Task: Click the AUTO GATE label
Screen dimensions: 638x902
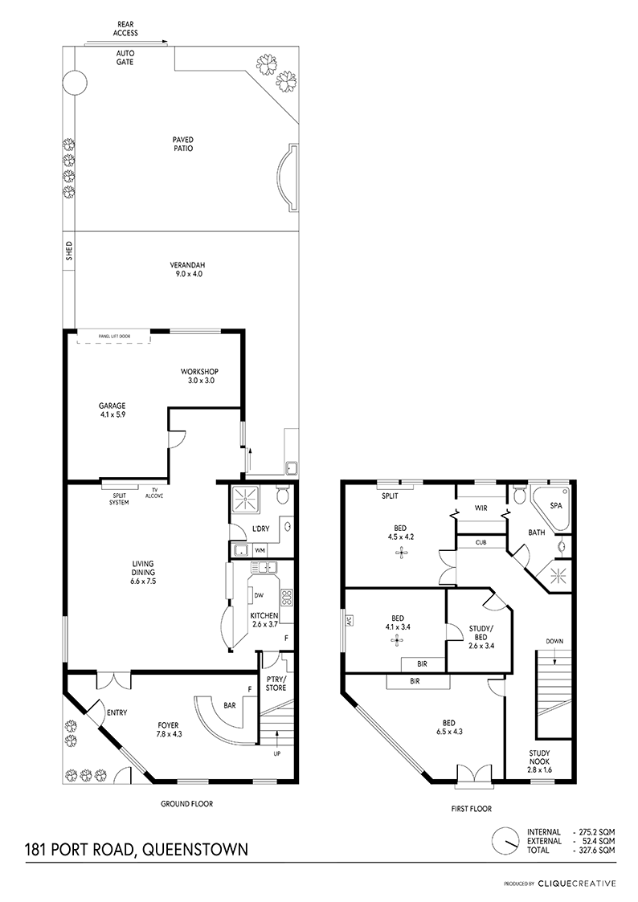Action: coord(125,58)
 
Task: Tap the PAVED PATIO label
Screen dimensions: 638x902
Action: coord(183,144)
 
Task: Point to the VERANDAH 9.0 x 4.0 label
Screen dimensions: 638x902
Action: coord(187,270)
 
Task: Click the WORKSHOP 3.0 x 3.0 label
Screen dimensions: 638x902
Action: coord(199,376)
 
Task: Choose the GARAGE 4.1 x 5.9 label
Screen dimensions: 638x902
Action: coord(112,410)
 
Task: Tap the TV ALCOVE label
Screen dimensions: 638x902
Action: coord(153,493)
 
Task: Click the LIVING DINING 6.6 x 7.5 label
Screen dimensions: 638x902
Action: coord(143,573)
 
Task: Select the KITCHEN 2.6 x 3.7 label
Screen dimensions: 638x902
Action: coord(264,619)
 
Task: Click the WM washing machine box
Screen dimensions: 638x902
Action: coord(260,550)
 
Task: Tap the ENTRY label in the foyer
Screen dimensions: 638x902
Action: coord(117,712)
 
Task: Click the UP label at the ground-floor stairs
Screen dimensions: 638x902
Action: coord(276,753)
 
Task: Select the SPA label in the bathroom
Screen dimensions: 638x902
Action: coord(556,506)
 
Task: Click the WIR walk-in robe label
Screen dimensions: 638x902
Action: coord(481,508)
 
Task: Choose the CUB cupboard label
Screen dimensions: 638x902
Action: coord(481,542)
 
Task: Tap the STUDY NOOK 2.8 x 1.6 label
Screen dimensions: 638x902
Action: coord(540,761)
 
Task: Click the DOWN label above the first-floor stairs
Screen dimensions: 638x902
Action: coord(554,642)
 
